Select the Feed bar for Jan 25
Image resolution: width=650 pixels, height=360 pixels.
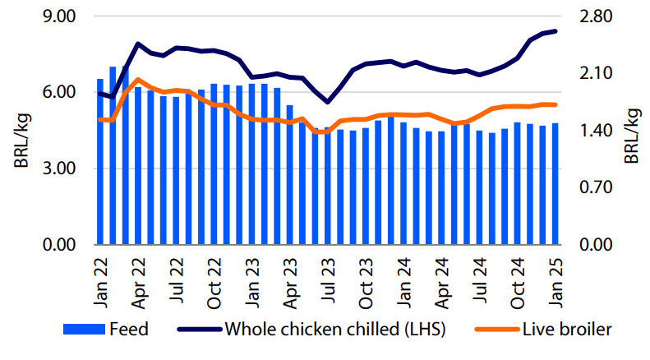(555, 184)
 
